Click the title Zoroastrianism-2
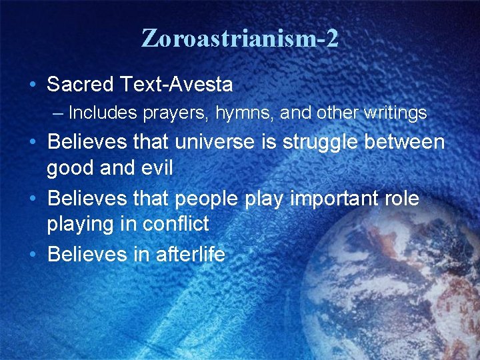pos(240,38)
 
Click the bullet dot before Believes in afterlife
pos(33,255)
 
